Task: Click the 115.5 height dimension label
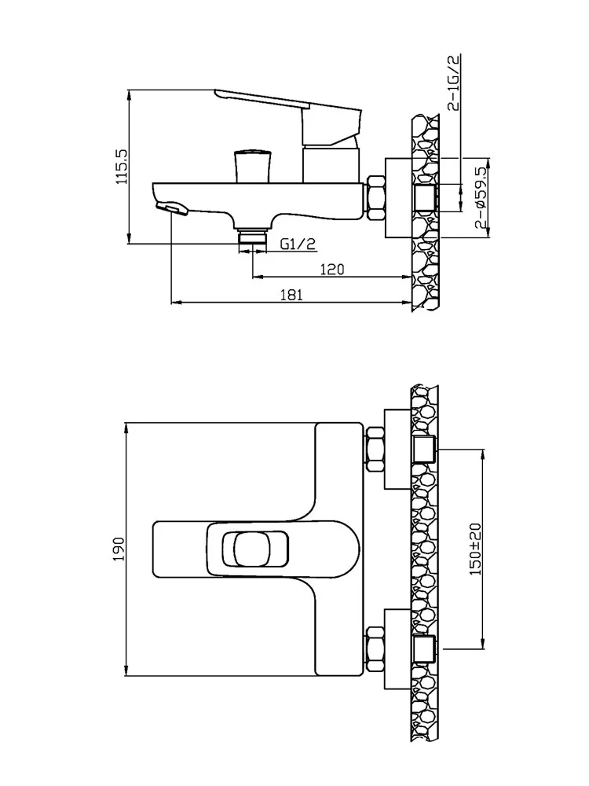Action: (x=122, y=167)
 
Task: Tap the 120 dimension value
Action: (x=332, y=270)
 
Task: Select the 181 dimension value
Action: (x=291, y=295)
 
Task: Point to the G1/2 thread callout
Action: (x=298, y=244)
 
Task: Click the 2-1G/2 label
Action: (x=454, y=83)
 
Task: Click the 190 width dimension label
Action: (x=119, y=549)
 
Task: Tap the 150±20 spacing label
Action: (x=475, y=549)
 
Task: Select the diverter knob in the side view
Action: (x=253, y=165)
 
